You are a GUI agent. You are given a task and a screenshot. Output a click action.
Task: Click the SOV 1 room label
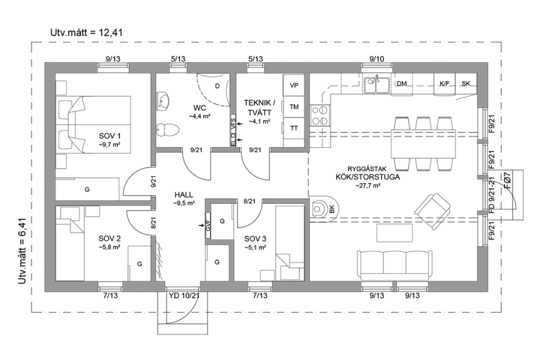pyautogui.click(x=109, y=136)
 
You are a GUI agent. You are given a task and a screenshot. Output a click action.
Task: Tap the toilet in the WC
pyautogui.click(x=167, y=129)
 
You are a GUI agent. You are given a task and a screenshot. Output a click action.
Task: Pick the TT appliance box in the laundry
pyautogui.click(x=294, y=127)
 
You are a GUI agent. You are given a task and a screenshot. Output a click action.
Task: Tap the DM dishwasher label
pyautogui.click(x=403, y=84)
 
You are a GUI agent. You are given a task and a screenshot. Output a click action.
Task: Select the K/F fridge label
pyautogui.click(x=444, y=84)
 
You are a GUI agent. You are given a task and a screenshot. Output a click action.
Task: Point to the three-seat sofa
pyautogui.click(x=394, y=265)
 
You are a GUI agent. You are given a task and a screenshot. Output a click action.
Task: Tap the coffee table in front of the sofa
pyautogui.click(x=394, y=232)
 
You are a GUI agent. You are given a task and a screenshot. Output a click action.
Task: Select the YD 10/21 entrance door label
pyautogui.click(x=184, y=296)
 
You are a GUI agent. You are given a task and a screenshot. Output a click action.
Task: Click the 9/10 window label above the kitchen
pyautogui.click(x=376, y=59)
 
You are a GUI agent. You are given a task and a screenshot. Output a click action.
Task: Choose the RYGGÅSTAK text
pyautogui.click(x=367, y=169)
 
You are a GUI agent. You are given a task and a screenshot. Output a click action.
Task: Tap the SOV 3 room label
pyautogui.click(x=255, y=239)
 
